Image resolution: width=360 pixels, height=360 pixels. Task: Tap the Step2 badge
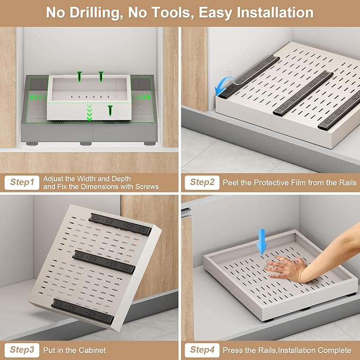[x=203, y=182]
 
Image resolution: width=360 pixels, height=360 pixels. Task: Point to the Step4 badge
[x=203, y=349]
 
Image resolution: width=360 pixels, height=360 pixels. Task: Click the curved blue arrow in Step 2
[x=223, y=85]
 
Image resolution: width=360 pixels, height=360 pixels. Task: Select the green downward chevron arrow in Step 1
[x=89, y=112]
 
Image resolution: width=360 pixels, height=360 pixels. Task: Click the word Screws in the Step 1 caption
[x=145, y=187]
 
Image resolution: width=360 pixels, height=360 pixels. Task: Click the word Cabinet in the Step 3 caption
[x=92, y=350]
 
